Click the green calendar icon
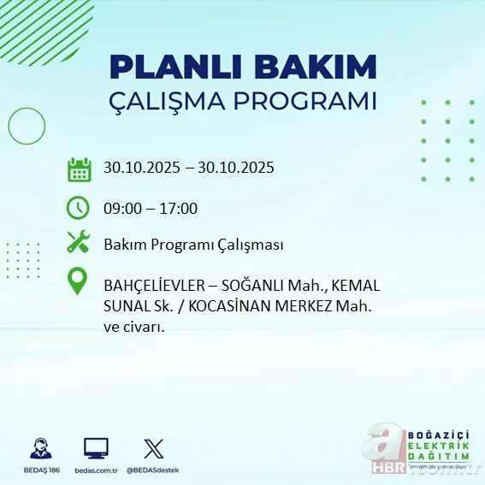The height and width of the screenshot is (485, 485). (80, 169)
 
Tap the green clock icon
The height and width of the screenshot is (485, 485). (78, 207)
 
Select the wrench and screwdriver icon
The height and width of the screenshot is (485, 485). (79, 243)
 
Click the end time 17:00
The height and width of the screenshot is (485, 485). (180, 208)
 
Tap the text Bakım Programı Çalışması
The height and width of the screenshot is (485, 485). (193, 245)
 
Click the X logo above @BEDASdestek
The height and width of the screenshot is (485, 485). (153, 448)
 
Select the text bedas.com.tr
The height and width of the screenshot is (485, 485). (96, 470)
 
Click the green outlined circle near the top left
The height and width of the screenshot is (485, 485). (26, 126)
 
